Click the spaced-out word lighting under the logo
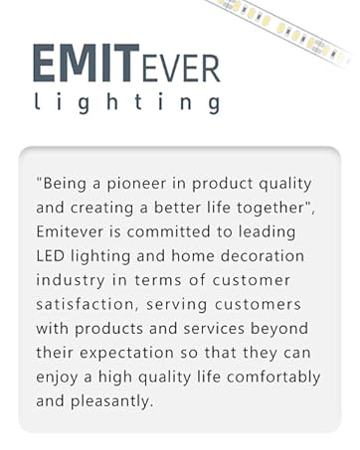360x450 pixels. tap(125, 102)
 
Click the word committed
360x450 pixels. tap(196, 231)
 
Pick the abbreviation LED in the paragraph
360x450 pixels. tap(50, 255)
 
